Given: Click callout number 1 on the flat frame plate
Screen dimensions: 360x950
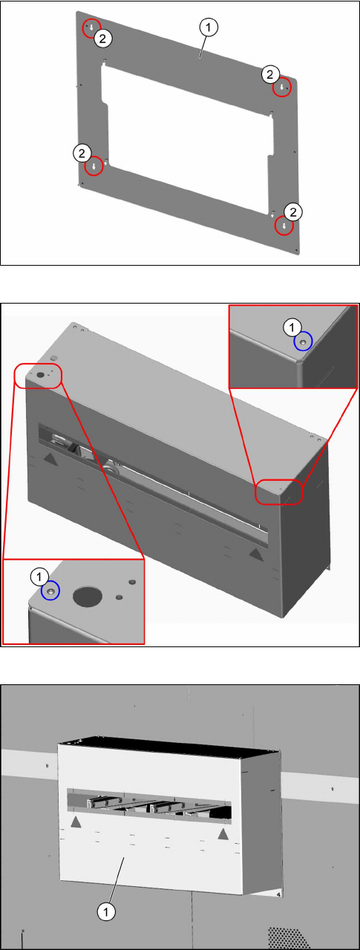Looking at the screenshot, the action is pos(208,27).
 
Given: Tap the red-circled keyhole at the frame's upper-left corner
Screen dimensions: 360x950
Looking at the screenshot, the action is pos(91,28).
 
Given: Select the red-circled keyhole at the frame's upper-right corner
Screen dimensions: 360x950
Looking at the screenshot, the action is pos(281,88).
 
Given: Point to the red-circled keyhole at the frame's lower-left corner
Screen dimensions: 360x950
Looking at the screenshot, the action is pos(94,166).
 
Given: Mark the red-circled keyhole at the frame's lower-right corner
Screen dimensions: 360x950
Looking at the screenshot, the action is pos(284,226).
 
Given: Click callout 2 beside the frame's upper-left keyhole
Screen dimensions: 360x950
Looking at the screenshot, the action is pos(102,39).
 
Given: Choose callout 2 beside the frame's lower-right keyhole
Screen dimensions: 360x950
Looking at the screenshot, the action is pos(293,212).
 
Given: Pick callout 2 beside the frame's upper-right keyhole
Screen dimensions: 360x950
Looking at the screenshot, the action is pos(270,75).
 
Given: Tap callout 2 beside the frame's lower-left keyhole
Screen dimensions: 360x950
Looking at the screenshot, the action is pos(82,153).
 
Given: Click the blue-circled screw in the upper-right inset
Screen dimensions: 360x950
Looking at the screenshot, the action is pos(303,341).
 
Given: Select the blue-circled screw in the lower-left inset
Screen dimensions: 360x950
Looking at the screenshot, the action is pos(50,591).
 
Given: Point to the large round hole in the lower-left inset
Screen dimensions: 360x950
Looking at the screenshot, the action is pos(88,596).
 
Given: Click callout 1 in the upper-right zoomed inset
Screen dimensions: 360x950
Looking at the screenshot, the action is pos(292,327).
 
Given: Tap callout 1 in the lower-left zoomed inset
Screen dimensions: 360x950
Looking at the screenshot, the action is pos(39,577).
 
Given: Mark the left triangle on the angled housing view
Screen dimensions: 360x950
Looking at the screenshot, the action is pos(50,459).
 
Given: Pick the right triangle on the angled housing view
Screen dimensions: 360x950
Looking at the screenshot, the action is pos(255,553).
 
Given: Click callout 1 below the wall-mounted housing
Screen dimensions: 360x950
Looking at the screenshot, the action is pos(106,911).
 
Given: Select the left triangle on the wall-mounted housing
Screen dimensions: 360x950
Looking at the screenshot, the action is pos(76,822).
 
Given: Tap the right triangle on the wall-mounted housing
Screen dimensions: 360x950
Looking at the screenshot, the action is pos(223,834).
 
